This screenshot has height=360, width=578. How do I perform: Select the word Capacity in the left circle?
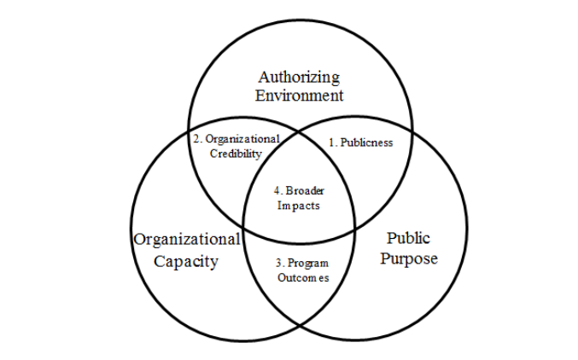(186, 260)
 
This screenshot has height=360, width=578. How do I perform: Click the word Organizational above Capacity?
(186, 239)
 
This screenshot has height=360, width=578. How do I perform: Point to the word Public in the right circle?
(409, 237)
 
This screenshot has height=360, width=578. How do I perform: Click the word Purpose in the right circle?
(409, 258)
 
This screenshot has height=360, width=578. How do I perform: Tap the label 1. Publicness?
(361, 142)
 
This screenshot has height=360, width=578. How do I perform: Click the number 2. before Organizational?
(196, 138)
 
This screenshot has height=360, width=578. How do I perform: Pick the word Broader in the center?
(305, 189)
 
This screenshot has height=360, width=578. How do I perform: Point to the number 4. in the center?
(277, 189)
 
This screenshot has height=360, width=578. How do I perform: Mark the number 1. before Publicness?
(333, 142)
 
